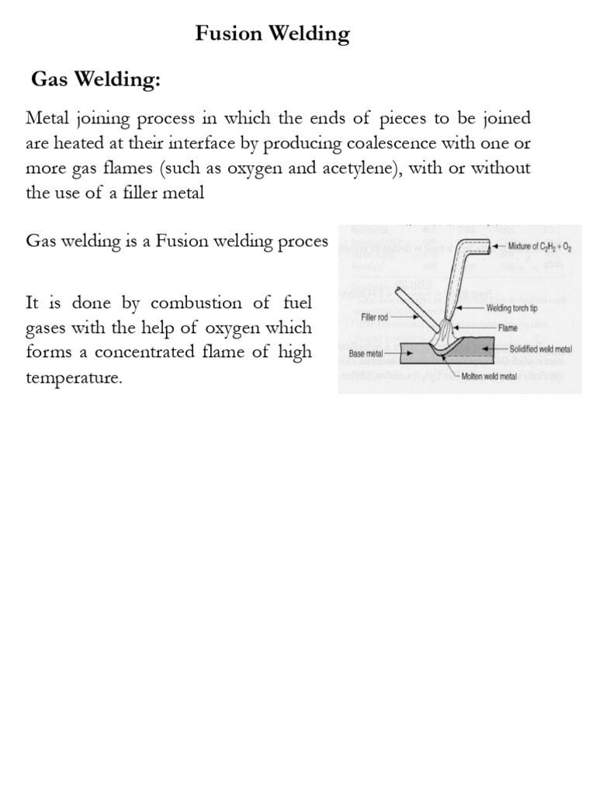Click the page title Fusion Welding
(x=272, y=34)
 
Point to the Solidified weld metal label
(x=540, y=350)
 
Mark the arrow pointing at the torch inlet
(x=498, y=247)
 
